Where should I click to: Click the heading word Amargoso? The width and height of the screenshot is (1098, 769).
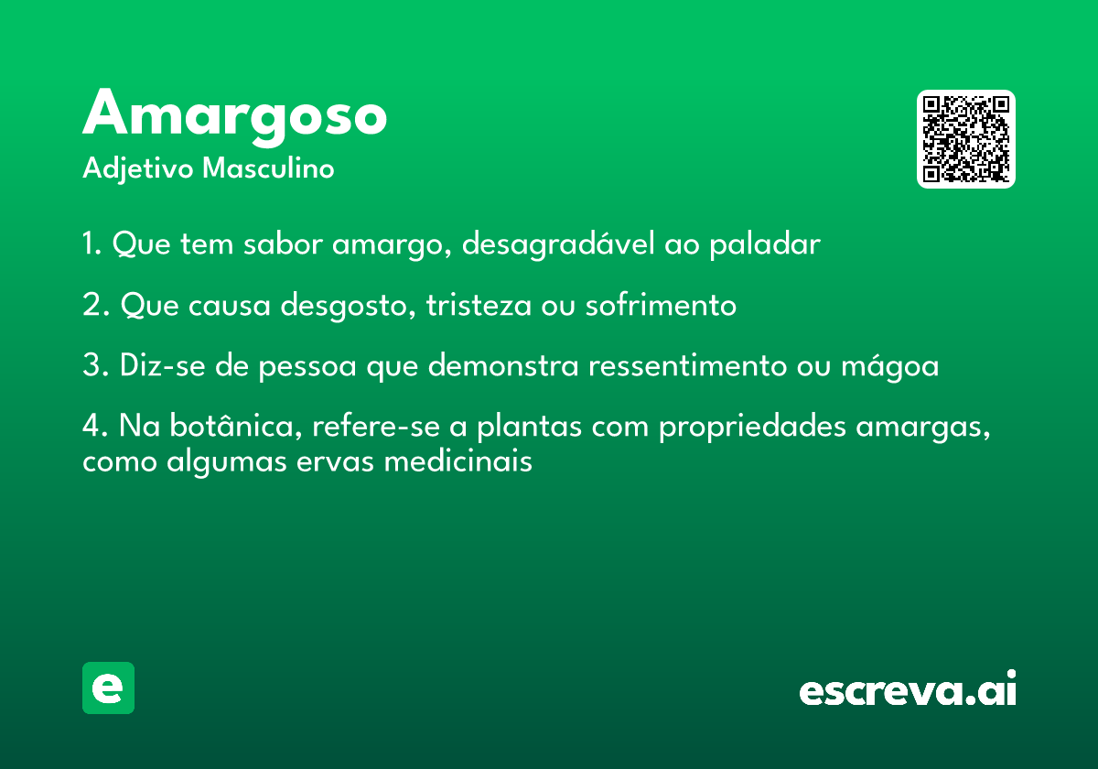point(235,117)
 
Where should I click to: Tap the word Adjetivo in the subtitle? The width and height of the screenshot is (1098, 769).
point(138,169)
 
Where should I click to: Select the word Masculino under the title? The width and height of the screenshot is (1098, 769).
point(268,168)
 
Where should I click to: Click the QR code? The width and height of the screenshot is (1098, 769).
point(965,139)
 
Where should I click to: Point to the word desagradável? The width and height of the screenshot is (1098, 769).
point(558,244)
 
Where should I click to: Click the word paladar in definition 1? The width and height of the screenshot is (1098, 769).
point(765,244)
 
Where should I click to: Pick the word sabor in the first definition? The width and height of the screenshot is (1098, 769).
point(283,244)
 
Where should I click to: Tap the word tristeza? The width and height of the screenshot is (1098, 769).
point(479,305)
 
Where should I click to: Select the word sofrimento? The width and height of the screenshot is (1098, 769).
point(661,304)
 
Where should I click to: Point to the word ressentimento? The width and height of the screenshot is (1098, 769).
point(688,365)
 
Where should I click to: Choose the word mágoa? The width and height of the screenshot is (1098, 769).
point(890,366)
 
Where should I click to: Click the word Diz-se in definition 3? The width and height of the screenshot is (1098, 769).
point(163,365)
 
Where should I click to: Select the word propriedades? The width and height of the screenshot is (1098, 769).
point(752,427)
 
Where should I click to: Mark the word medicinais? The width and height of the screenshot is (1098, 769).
point(457,461)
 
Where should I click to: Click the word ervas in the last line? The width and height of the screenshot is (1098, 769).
point(335,462)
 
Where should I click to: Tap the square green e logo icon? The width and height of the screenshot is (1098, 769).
point(108,688)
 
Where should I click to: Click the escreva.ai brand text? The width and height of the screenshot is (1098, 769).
point(908,688)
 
